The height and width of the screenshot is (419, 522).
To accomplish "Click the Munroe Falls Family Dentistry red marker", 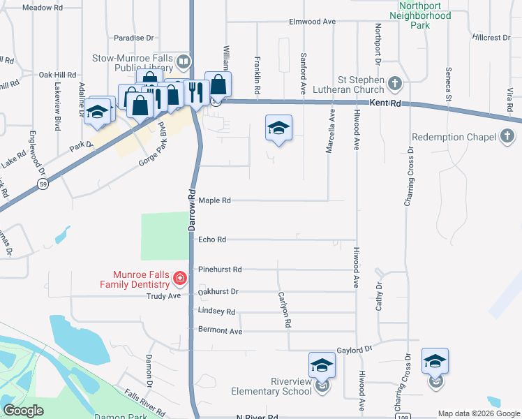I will click(x=180, y=279).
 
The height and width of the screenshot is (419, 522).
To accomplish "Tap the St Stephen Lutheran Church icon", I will click(x=394, y=84).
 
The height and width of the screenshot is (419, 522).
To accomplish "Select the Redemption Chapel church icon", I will click(x=507, y=137).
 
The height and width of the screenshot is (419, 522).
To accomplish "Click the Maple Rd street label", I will click(x=214, y=200).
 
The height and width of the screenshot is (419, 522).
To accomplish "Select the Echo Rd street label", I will click(x=212, y=240).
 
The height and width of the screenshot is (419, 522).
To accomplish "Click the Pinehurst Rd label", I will click(x=220, y=269).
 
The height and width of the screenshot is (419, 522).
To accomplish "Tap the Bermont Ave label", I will click(x=220, y=330).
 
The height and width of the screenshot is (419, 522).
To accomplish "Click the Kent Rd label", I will click(x=386, y=103).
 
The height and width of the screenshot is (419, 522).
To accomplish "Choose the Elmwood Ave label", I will click(x=313, y=22).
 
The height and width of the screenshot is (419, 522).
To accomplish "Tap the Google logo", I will click(x=23, y=411).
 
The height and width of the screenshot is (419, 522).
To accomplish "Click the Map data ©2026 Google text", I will click(x=478, y=413).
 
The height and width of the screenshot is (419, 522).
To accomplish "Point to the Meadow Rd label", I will click(x=43, y=7).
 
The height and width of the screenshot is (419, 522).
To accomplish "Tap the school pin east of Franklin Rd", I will click(x=278, y=128).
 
